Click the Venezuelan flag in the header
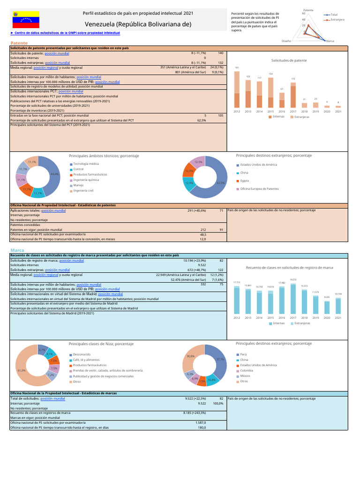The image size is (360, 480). tap(25, 19)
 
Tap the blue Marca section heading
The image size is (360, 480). tap(17, 250)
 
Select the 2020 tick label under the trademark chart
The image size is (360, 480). tap(327, 317)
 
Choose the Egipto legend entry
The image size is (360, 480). tap(244, 180)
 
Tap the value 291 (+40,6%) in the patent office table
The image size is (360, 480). tap(196, 211)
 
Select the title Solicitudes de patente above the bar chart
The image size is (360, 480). tap(289, 60)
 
